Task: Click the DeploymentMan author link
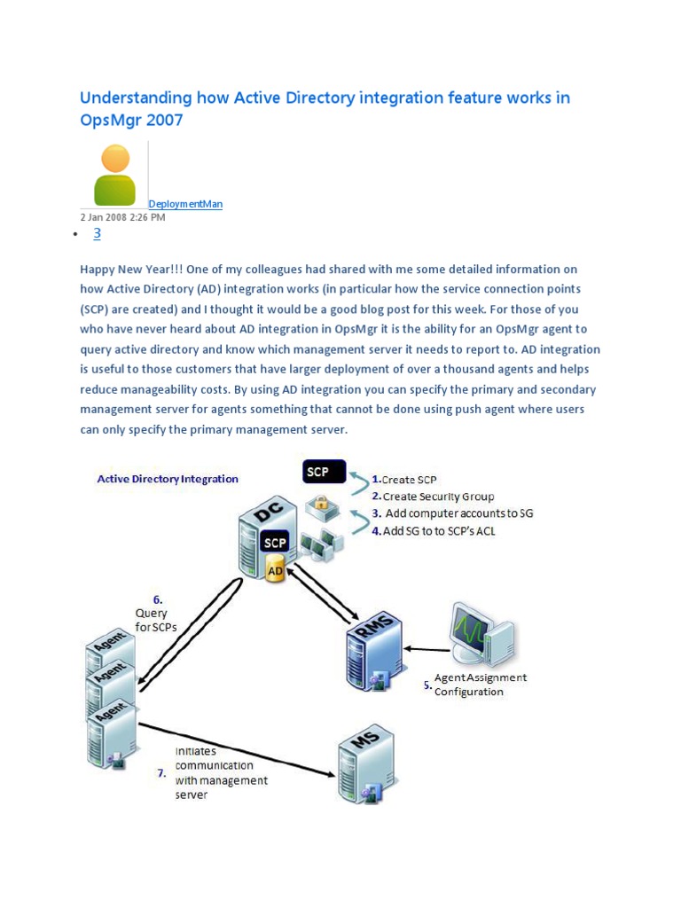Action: point(185,204)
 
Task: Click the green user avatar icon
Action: point(115,176)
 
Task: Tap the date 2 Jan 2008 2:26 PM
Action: point(122,217)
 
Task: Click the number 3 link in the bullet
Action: point(98,233)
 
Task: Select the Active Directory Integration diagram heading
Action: point(168,479)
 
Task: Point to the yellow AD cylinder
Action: point(276,571)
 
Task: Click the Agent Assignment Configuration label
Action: point(480,685)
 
